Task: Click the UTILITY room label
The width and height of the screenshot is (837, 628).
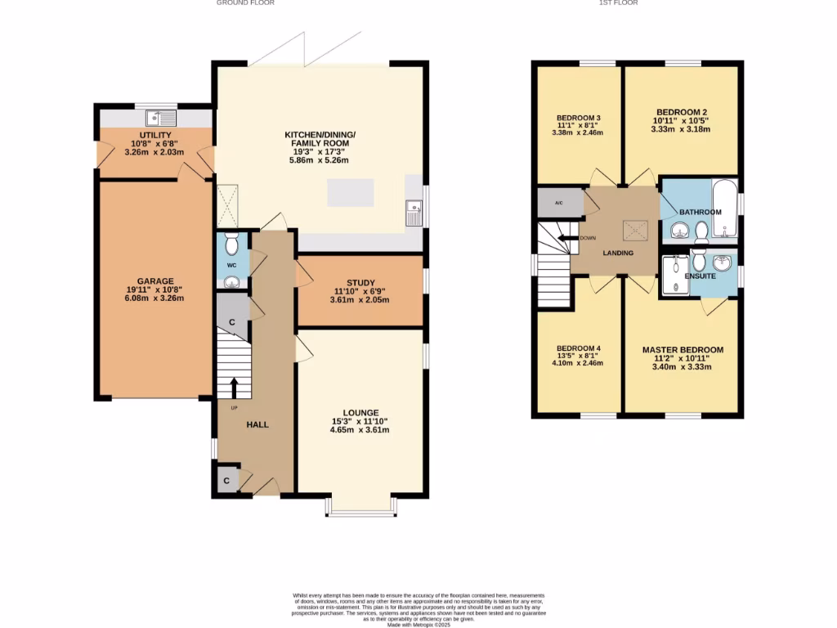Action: point(154,134)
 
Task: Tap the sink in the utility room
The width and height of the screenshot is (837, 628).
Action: point(155,115)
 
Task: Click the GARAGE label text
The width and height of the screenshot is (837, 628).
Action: point(154,281)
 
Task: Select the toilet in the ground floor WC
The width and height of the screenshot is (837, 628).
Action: point(231,244)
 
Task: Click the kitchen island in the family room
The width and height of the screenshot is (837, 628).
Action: point(354,193)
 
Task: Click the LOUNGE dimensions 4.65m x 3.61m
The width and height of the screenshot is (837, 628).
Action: point(360,430)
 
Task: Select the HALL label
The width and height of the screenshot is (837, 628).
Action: point(257,424)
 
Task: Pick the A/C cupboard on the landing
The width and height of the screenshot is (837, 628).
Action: point(559,202)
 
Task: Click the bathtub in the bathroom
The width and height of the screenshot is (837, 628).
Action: point(724,211)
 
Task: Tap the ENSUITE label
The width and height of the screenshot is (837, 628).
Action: point(700,276)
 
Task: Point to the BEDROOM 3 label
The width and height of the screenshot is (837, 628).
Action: point(579,117)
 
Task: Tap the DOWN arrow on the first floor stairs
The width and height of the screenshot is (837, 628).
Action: point(564,238)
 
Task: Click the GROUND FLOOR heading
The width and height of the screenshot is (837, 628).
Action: point(245,3)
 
